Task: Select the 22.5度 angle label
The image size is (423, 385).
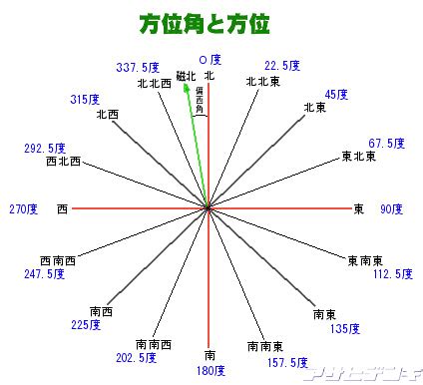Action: [282, 67]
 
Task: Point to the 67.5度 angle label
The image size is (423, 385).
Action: [386, 144]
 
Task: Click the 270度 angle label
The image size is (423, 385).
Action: [23, 209]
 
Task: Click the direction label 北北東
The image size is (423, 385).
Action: [262, 83]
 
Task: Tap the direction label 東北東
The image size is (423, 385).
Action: [358, 156]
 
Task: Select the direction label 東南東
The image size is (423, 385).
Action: [364, 260]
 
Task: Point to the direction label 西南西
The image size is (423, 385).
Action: [58, 260]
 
